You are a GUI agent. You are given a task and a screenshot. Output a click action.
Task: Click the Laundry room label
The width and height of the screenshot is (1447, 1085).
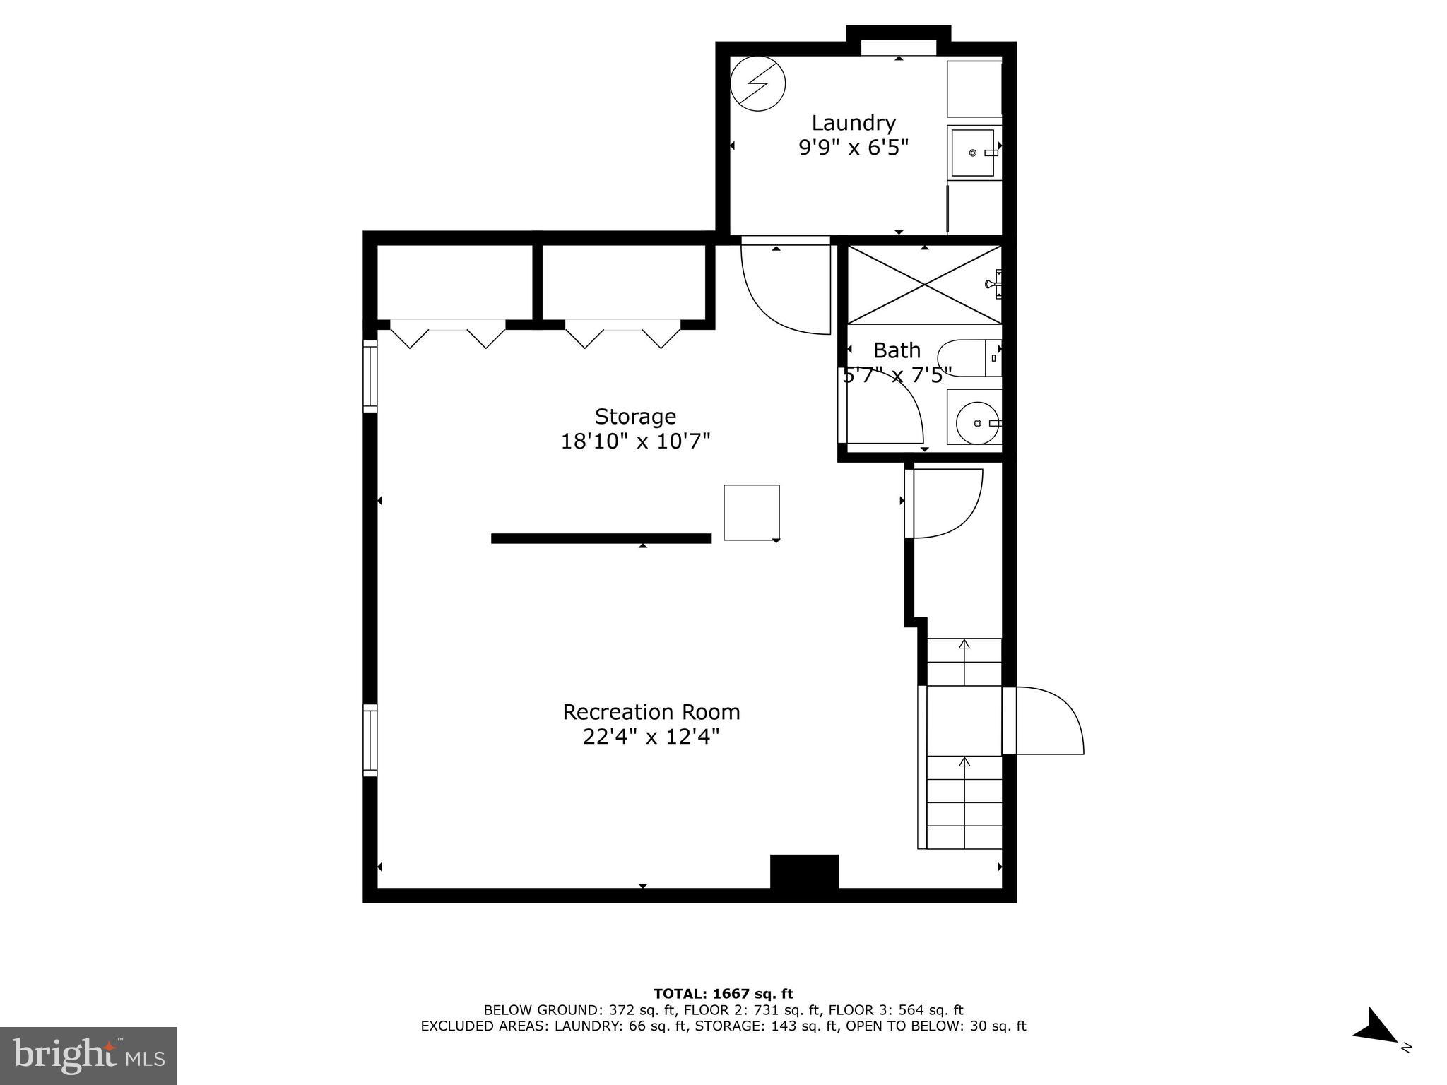coord(853,123)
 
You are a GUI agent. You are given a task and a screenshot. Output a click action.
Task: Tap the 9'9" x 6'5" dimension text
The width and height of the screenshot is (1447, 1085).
coord(853,148)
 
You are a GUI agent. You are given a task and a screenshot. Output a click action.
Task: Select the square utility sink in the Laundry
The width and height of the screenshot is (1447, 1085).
coord(974,153)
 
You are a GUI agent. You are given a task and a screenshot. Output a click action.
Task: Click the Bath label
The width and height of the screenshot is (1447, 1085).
coord(897,350)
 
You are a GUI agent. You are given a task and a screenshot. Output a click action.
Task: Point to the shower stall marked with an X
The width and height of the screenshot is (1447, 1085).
coord(924,285)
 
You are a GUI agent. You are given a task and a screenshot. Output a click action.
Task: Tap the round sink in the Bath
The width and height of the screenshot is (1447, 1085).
coord(977,422)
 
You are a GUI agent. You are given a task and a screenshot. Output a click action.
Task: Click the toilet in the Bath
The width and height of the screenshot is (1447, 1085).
coord(968,358)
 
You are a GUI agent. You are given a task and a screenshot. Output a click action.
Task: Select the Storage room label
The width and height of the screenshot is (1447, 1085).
coord(635,416)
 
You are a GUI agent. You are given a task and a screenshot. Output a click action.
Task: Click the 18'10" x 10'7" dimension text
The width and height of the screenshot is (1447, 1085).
coord(635,441)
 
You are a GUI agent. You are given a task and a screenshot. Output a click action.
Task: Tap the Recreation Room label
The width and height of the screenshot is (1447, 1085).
coord(651,711)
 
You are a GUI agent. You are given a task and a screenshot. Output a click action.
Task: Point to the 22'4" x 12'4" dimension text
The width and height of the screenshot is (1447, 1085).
coord(651,737)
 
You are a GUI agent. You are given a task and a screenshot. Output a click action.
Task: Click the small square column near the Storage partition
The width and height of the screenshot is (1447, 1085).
coord(751,512)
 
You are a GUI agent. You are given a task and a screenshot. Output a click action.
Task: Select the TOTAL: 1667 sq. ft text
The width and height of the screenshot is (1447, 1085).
coord(723,995)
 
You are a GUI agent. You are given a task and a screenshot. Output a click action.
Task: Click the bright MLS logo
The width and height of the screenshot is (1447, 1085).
coord(88,1055)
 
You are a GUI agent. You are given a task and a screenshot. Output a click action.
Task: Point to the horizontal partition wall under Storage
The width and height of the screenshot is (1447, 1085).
coord(601,538)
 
